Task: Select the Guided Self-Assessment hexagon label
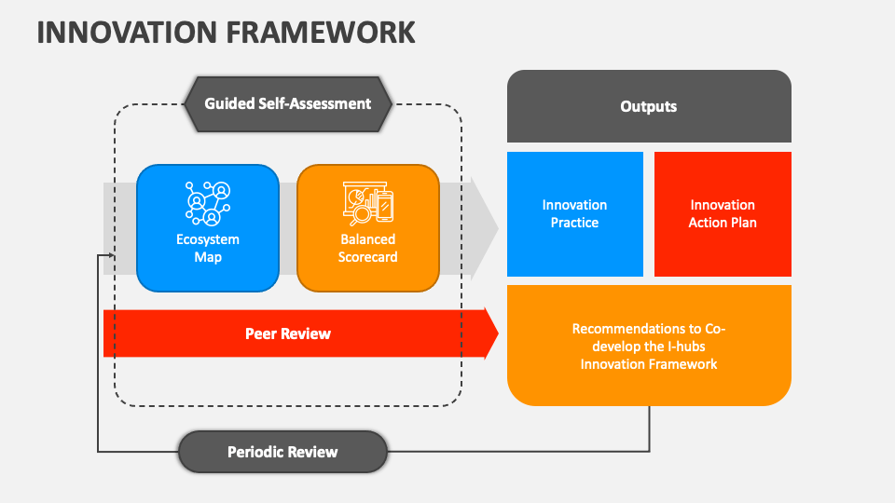point(287,103)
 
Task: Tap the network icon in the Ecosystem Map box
point(208,203)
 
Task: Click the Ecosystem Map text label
point(208,248)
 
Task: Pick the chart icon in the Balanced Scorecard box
point(367,203)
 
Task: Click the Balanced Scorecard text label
point(367,248)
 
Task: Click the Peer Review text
point(287,333)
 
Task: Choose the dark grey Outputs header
point(649,106)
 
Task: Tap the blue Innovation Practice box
point(574,214)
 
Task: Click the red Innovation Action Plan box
point(723,214)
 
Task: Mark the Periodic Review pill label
point(282,453)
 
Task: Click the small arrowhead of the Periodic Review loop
point(111,254)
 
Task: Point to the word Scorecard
point(367,257)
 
